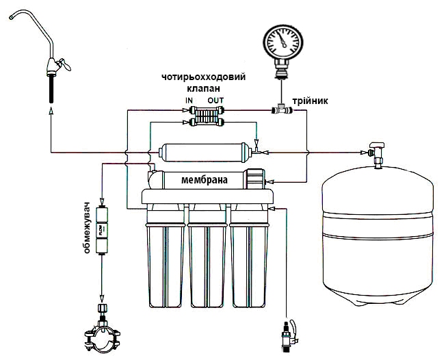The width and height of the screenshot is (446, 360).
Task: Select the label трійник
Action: click(310, 101)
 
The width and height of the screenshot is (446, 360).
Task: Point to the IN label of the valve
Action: click(189, 101)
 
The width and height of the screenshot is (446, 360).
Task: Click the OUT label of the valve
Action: click(215, 101)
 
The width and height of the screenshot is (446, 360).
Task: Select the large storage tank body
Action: click(377, 236)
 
